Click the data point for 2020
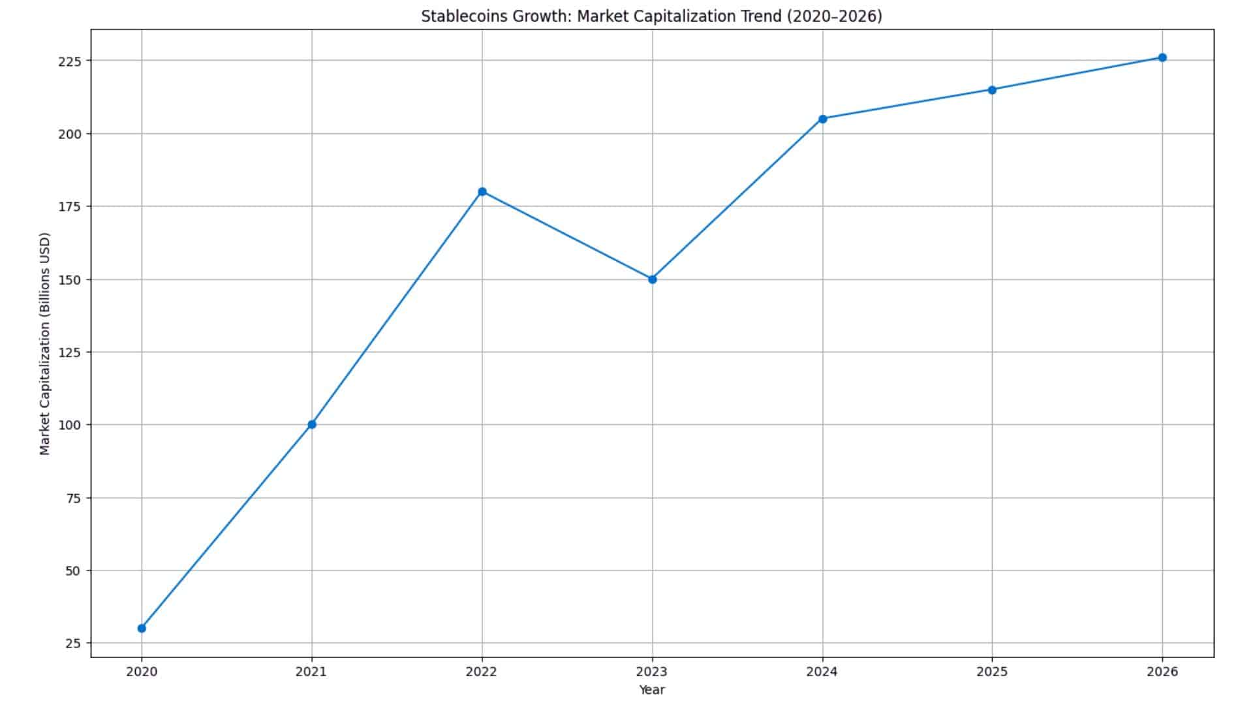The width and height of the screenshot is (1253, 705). point(142,628)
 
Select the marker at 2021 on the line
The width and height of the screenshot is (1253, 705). point(312,424)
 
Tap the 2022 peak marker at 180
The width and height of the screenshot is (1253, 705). point(482,191)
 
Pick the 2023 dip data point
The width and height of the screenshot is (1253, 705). point(652,279)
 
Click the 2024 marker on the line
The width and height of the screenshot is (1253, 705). point(822,119)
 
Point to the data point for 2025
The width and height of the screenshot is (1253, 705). point(992,89)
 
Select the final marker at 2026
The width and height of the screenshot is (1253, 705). point(1162,57)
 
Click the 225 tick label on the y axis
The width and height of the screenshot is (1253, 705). point(70,61)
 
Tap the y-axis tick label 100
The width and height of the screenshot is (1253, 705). point(70,425)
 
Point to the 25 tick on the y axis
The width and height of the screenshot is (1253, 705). point(74,644)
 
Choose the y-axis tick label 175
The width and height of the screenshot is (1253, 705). point(70,206)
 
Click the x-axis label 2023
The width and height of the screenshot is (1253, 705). point(652,671)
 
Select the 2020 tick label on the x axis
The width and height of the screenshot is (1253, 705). point(142,671)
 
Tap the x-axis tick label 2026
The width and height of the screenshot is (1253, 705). point(1162,671)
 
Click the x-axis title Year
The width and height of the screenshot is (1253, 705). point(652,689)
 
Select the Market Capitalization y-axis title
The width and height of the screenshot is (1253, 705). point(44,343)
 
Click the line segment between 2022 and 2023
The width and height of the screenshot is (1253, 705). point(567,235)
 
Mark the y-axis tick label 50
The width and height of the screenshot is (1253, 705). point(74,571)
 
